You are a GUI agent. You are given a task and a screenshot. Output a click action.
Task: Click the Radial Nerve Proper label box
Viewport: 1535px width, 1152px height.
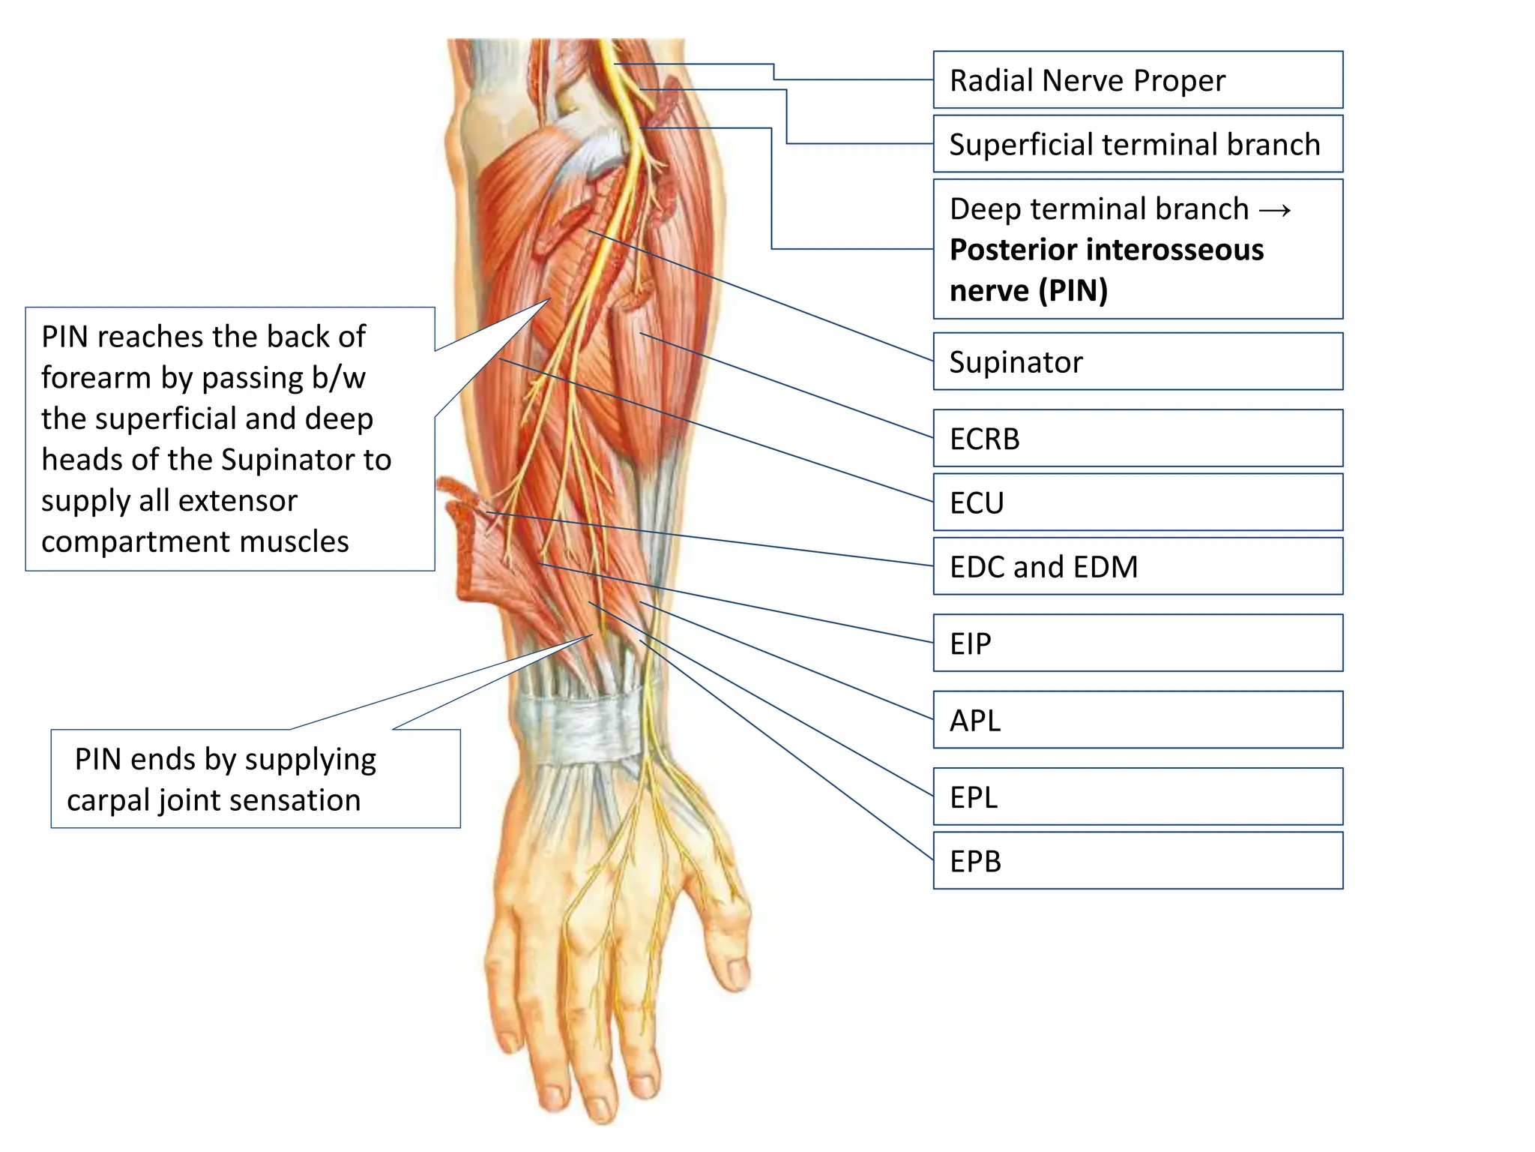[1137, 80]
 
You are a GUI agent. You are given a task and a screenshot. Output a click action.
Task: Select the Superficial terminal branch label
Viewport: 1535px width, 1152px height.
[1137, 144]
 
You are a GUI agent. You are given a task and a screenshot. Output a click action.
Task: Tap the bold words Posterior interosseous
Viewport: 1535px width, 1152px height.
[1106, 250]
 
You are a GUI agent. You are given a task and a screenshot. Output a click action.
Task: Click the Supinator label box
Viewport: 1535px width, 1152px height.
[1137, 361]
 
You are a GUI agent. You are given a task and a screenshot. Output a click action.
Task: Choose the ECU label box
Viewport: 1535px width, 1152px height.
[1137, 502]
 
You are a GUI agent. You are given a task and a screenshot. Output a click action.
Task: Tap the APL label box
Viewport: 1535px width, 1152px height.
[1137, 720]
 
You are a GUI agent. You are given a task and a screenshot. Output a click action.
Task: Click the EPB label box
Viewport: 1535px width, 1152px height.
[1137, 861]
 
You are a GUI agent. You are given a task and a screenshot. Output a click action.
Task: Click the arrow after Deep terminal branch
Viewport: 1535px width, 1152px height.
[1275, 210]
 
